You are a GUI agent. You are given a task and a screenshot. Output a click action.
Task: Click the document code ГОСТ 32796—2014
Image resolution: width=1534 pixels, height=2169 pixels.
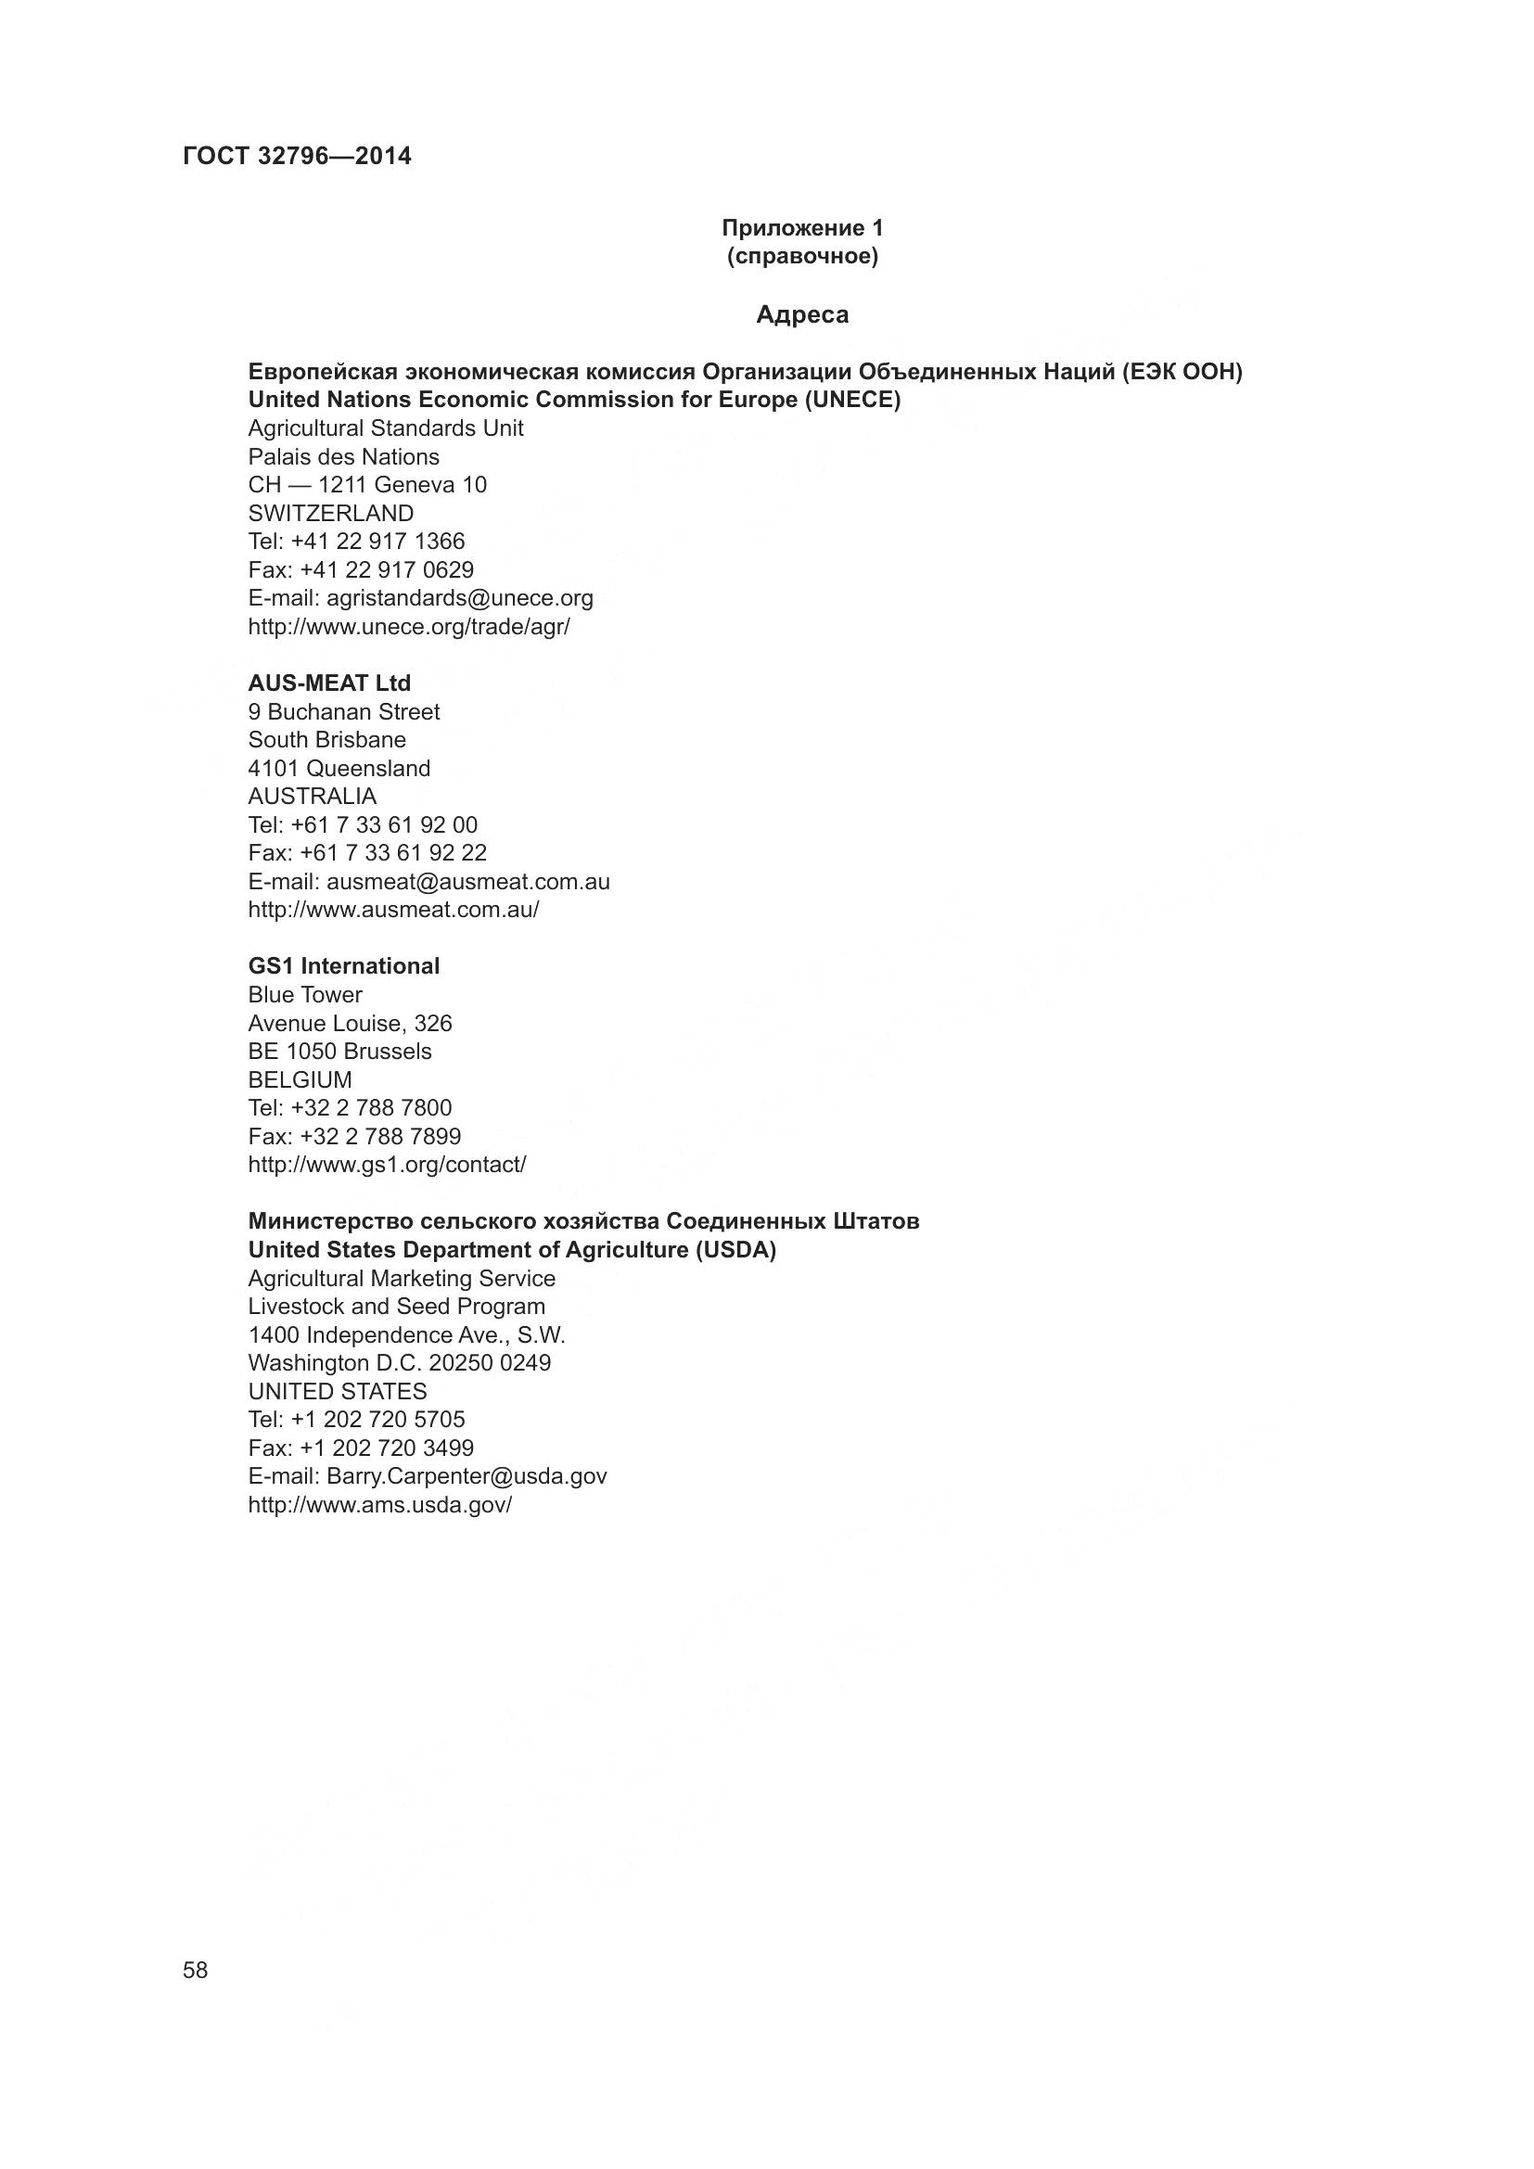[x=297, y=157]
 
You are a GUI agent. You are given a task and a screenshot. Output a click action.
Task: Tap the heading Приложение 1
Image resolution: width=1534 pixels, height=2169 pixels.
[x=802, y=228]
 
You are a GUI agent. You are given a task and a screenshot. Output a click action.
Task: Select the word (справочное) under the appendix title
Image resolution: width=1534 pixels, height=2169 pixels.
[x=802, y=257]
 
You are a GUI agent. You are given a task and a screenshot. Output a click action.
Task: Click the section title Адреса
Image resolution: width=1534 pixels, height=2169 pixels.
[x=802, y=314]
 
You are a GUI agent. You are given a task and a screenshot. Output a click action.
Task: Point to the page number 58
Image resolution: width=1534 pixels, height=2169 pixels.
[x=196, y=1970]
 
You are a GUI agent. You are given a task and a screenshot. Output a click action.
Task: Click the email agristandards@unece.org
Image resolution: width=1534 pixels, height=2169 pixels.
[x=460, y=598]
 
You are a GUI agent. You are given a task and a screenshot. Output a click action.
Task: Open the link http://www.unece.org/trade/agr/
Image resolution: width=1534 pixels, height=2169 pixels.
[x=409, y=626]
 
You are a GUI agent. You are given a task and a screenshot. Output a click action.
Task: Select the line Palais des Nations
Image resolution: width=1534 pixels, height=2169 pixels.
[x=344, y=457]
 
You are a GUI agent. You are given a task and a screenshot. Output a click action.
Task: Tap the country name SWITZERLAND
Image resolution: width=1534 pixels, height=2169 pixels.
[x=330, y=514]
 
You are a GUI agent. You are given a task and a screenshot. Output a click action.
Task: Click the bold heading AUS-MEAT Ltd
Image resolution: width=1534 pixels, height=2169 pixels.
[x=329, y=683]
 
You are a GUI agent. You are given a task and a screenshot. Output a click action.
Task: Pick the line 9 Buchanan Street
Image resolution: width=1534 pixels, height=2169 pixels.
[x=344, y=711]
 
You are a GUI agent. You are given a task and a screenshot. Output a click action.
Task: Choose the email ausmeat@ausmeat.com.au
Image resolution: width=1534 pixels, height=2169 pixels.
[x=467, y=881]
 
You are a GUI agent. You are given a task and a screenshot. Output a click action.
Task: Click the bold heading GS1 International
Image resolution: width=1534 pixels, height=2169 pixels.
[x=344, y=966]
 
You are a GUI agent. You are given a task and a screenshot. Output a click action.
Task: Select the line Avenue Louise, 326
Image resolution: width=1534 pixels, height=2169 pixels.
[x=350, y=1023]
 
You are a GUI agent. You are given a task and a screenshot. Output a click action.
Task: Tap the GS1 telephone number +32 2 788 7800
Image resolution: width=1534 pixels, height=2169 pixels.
[x=371, y=1107]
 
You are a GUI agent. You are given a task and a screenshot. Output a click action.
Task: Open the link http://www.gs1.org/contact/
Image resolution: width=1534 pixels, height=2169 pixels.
[x=388, y=1165]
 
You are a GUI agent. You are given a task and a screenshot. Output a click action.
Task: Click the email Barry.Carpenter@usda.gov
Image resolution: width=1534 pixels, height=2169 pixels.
[x=467, y=1475]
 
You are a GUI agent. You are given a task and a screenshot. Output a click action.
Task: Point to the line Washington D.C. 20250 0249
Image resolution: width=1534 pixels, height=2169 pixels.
[x=400, y=1362]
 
